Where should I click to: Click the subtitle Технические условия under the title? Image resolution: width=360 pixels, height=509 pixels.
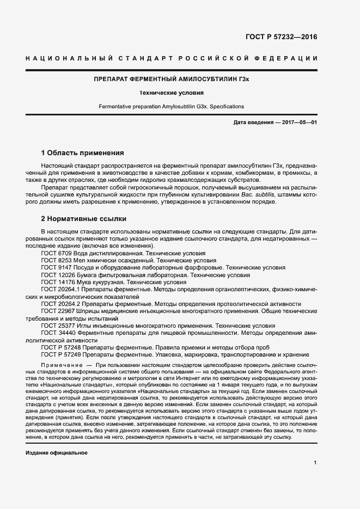coord(172,93)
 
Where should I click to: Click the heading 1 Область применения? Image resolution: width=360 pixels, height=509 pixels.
coord(83,152)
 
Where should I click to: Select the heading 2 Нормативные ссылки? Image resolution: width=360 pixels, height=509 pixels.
coord(84,219)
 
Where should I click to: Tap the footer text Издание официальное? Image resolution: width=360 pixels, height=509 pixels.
coord(57,453)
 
